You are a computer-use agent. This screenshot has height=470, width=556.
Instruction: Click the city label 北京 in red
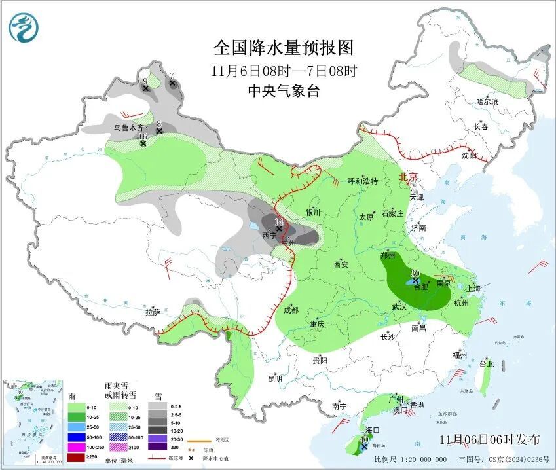click(409, 177)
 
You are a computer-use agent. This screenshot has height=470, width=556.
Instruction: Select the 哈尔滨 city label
click(487, 101)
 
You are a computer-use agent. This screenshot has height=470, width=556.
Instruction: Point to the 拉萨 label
click(153, 312)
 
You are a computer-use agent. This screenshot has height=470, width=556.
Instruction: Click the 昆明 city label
click(274, 378)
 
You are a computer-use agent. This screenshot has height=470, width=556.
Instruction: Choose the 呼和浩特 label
click(363, 181)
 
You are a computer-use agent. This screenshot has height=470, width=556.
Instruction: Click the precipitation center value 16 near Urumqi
click(143, 136)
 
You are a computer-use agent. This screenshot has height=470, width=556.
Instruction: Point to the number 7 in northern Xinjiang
click(172, 75)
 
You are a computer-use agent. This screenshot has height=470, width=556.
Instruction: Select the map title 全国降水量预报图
click(284, 48)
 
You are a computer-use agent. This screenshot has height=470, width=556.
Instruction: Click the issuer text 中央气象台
click(284, 91)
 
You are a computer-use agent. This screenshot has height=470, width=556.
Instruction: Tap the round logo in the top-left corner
click(24, 27)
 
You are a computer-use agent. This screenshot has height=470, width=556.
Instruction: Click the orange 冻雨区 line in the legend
click(187, 441)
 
